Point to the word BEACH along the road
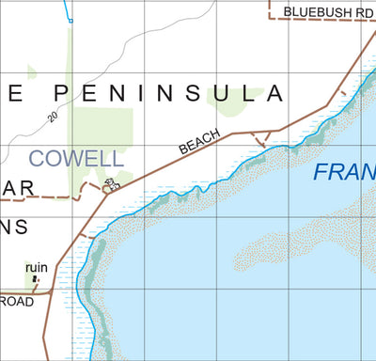[x=199, y=142]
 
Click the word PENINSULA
[x=166, y=93]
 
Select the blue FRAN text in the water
[x=342, y=173]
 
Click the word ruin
[x=37, y=266]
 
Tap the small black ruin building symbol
[x=38, y=278]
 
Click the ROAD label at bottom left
[x=16, y=302]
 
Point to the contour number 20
[x=53, y=114]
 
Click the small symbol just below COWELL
[x=113, y=184]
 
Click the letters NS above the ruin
[x=15, y=228]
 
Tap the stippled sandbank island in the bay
[x=291, y=235]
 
